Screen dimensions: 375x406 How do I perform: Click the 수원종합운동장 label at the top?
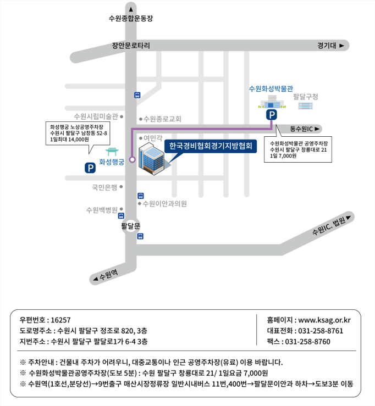(x=131, y=18)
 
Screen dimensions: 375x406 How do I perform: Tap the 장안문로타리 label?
(x=131, y=46)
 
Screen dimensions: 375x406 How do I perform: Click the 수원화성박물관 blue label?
(x=271, y=89)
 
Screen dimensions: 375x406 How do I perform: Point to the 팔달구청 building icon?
(x=305, y=106)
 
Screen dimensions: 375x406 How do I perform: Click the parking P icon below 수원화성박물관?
(x=271, y=115)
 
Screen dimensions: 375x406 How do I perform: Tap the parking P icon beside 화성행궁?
(x=90, y=168)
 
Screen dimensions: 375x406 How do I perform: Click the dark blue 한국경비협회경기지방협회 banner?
(x=211, y=146)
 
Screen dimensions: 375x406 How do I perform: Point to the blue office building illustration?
(x=151, y=159)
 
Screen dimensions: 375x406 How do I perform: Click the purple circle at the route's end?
(x=132, y=159)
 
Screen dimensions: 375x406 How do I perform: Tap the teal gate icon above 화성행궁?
(x=112, y=152)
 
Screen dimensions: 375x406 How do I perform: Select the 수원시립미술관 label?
(x=96, y=116)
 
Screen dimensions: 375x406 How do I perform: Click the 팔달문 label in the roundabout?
(x=131, y=226)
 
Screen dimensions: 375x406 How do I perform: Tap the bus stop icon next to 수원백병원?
(x=121, y=215)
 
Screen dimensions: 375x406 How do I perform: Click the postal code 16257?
(x=60, y=320)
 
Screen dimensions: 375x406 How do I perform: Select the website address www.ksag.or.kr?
(x=324, y=320)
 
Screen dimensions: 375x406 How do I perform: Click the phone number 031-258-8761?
(x=321, y=331)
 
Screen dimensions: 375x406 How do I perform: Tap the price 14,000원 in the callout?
(x=79, y=140)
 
